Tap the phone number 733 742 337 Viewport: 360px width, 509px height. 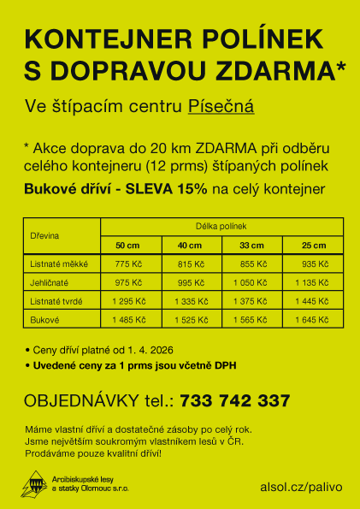point(235,400)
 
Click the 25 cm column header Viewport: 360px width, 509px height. point(313,246)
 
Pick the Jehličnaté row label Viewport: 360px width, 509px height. point(50,282)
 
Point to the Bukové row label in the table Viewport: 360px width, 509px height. point(44,319)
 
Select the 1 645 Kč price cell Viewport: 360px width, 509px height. point(312,319)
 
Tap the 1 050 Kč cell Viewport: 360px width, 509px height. point(252,282)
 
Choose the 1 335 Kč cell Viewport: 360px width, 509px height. point(191,301)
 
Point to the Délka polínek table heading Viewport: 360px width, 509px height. point(221,226)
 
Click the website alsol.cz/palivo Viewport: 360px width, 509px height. point(300,486)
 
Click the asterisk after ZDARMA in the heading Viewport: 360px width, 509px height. point(341,65)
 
